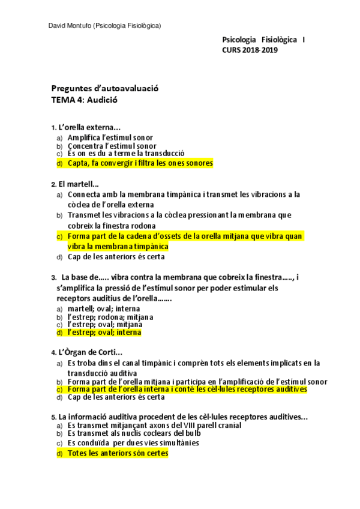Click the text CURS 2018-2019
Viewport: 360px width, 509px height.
coord(250,50)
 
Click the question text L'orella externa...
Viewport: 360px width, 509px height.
coord(89,127)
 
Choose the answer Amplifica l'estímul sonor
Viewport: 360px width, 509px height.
coord(110,137)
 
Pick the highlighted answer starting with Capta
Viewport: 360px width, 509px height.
coord(140,163)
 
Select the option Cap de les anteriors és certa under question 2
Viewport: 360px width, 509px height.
coord(116,257)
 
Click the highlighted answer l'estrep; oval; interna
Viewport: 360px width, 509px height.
coord(104,332)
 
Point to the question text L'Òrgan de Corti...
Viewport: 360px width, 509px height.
coord(90,352)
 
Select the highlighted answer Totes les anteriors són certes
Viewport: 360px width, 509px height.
coord(118,454)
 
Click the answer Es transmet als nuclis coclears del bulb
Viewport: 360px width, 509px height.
coord(133,433)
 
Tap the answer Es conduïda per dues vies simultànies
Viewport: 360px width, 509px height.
coord(133,443)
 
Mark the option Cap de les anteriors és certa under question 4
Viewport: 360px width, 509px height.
coord(116,397)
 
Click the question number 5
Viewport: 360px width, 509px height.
coord(53,417)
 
